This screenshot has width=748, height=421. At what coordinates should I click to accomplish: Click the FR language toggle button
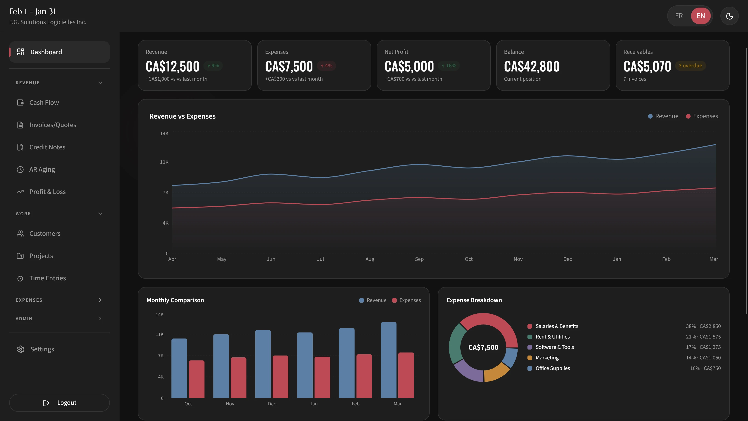679,16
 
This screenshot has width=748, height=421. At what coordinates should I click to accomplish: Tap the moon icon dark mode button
729,16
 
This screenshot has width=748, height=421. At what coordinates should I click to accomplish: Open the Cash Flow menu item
44,102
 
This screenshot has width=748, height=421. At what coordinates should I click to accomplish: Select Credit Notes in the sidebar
47,147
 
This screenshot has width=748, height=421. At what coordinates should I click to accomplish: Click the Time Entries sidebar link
47,278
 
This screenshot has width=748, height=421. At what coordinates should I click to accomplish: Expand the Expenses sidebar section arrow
100,300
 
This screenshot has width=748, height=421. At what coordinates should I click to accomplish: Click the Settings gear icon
20,349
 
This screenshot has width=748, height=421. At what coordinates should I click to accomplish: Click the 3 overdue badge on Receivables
690,66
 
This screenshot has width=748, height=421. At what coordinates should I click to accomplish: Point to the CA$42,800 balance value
531,67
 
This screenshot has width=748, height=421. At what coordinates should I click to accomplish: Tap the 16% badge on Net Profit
449,66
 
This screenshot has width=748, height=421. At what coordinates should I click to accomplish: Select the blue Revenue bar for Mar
388,360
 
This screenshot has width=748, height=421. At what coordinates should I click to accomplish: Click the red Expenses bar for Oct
197,379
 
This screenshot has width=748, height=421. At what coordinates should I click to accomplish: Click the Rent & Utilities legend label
552,337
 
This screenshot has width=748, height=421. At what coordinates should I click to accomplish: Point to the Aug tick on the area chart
370,259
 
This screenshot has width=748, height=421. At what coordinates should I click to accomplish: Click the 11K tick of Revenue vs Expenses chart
164,162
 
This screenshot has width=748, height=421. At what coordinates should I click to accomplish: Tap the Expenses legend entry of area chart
702,116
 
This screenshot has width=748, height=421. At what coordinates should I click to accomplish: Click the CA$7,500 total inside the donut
483,347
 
